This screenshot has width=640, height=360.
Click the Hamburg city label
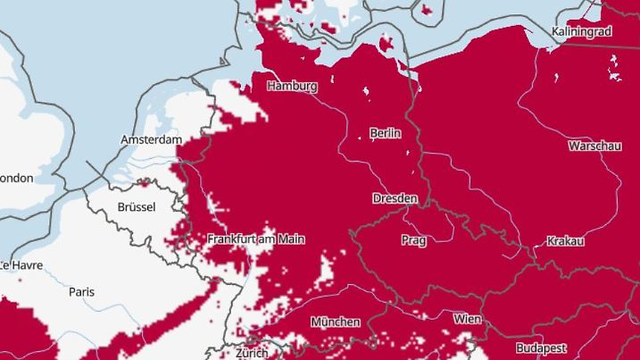[x=292, y=87]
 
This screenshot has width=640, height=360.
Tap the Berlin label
[x=386, y=133]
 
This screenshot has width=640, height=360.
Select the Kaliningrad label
[x=581, y=31]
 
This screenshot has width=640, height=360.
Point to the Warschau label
[x=594, y=146]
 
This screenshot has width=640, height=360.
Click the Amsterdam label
[x=152, y=140]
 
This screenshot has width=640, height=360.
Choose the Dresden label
[x=395, y=197]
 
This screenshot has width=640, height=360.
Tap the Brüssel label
[x=137, y=207]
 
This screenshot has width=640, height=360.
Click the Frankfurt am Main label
[x=256, y=239]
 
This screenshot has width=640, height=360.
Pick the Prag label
[x=413, y=240]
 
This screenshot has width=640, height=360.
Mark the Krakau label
[x=566, y=241]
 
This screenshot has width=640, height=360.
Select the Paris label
[x=82, y=291]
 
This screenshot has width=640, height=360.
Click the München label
[x=336, y=322]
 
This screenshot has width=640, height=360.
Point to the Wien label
[x=467, y=319]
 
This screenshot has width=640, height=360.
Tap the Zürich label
[x=252, y=353]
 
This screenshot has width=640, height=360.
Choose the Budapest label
[x=541, y=346]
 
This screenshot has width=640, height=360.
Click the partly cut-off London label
[x=16, y=179]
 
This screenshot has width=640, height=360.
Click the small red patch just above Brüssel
[x=143, y=183]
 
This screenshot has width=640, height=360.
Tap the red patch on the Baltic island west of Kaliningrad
[x=388, y=42]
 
